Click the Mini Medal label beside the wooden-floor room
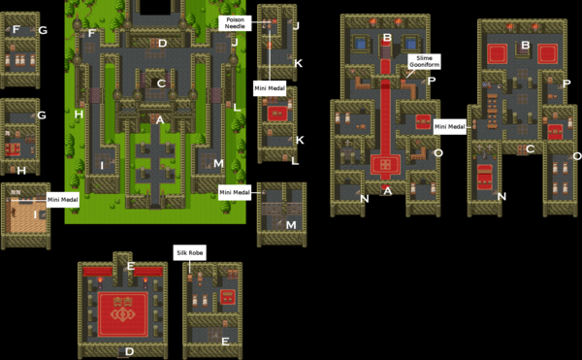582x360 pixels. (62, 200)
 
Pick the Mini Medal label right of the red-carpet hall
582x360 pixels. (450, 126)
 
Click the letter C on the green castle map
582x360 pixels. (162, 83)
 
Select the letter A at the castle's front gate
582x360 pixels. (160, 118)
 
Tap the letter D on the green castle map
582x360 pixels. (163, 44)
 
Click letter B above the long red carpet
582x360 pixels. (387, 39)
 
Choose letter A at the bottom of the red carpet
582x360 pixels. (387, 190)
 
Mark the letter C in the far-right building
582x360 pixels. (530, 149)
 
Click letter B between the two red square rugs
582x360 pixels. (525, 46)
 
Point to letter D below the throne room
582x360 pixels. (128, 351)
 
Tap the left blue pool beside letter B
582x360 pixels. (364, 43)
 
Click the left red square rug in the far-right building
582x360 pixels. (500, 54)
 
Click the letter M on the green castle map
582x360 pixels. (219, 163)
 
